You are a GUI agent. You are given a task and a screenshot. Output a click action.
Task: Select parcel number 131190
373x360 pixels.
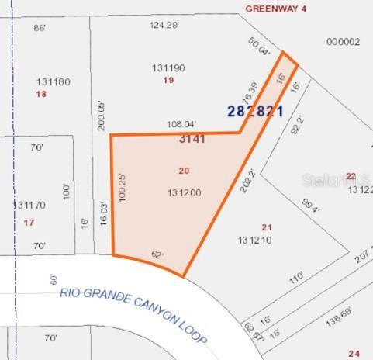[169, 68]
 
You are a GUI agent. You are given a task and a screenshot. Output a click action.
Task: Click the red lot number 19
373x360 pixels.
[168, 80]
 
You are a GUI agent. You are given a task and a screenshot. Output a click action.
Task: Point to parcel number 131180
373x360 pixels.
[54, 81]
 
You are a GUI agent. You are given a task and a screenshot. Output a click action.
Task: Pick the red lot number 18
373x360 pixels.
[42, 94]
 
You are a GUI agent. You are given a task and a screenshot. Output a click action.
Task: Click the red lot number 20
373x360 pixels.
[184, 171]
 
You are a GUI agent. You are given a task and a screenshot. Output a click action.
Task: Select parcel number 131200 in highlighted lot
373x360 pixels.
[185, 192]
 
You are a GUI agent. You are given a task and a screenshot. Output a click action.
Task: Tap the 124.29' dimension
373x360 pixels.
[164, 25]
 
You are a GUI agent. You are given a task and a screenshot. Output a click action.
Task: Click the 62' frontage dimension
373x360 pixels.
[158, 253]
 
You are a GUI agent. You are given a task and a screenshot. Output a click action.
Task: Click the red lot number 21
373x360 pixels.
[267, 227]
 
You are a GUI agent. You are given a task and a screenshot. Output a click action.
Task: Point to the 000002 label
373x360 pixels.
[344, 42]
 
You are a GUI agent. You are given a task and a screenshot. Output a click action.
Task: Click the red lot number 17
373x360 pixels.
[29, 223]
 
